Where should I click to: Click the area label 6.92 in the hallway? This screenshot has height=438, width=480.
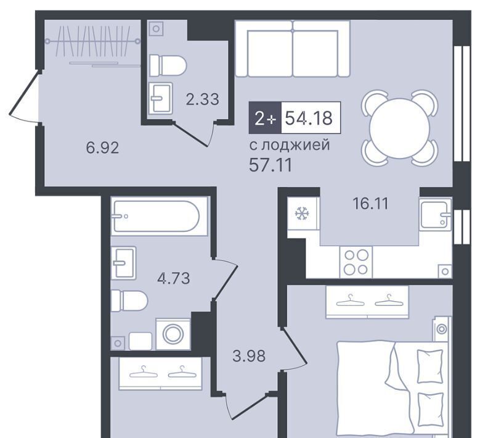[x=102, y=148]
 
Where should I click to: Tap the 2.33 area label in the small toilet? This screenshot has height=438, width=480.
[x=203, y=99]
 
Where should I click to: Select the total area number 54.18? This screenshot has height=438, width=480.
[x=309, y=117]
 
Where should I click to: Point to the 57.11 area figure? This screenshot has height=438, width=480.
[x=271, y=165]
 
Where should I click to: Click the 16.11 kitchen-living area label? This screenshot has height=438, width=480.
[x=370, y=204]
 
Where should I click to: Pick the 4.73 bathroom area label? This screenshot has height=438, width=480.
[x=174, y=279]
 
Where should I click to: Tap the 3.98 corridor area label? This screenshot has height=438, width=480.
[x=249, y=357]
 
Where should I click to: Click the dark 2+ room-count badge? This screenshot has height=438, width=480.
[x=265, y=117]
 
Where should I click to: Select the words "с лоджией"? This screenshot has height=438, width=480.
[x=290, y=145]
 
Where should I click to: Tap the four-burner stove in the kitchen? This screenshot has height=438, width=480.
[x=356, y=262]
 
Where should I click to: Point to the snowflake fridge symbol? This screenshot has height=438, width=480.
[x=302, y=213]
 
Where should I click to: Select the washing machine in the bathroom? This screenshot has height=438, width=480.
[x=173, y=334]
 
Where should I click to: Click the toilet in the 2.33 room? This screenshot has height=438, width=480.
[x=168, y=65]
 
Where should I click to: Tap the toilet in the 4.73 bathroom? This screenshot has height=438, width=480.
[x=129, y=300]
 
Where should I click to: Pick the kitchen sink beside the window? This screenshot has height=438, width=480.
[x=435, y=213]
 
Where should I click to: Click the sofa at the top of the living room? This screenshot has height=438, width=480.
[x=293, y=49]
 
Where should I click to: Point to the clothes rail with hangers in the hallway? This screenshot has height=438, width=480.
[x=93, y=41]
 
